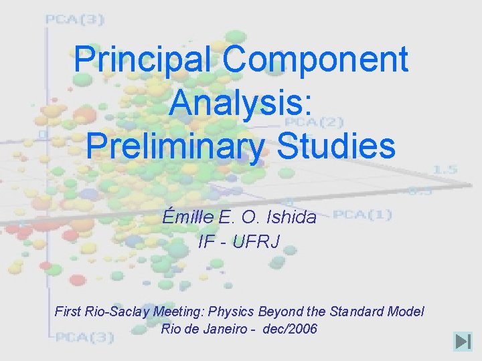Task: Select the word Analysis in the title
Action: pos(240,103)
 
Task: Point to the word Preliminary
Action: pos(175,146)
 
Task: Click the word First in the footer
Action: pos(67,312)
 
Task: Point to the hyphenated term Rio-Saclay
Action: pos(116,312)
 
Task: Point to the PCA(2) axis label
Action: pos(305,122)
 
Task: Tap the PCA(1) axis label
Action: pos(362,215)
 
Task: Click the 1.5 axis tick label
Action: pos(445,169)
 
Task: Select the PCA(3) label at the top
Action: pos(74,19)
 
